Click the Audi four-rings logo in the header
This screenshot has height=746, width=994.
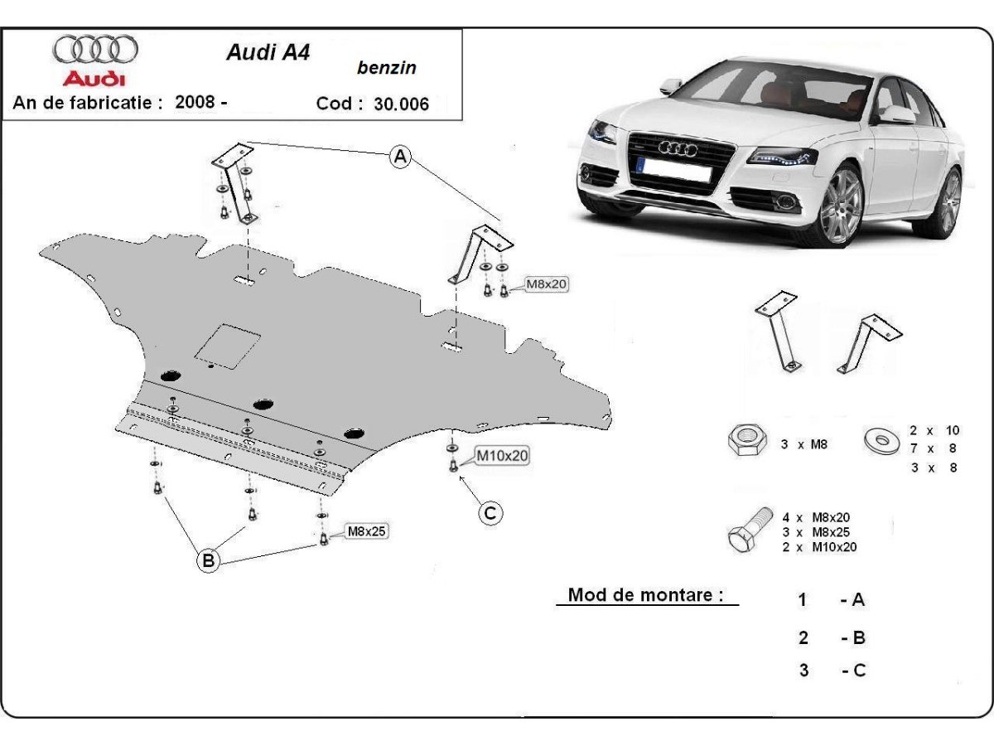(x=95, y=51)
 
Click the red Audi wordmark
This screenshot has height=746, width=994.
(x=94, y=79)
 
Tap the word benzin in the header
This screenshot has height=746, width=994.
(x=387, y=68)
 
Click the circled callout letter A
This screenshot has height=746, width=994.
(x=401, y=156)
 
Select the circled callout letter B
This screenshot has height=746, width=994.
(x=209, y=561)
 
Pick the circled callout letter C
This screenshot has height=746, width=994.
(x=490, y=513)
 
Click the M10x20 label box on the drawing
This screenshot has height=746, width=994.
(x=502, y=455)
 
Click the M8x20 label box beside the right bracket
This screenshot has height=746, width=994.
(x=547, y=285)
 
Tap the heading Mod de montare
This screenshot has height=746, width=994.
(x=646, y=595)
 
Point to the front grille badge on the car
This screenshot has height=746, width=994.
(x=678, y=148)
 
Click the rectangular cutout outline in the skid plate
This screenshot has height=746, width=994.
(x=228, y=345)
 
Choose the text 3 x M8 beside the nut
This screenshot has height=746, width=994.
(x=804, y=444)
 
